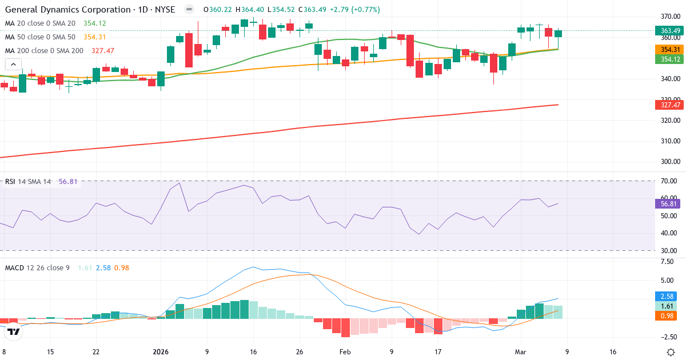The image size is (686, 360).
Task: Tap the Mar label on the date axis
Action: tap(521, 352)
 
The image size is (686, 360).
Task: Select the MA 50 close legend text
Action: tap(40, 37)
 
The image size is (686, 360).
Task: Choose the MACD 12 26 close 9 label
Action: tap(37, 267)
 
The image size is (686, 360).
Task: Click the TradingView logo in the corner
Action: tap(14, 332)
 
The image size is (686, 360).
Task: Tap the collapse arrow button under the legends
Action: tap(13, 65)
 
